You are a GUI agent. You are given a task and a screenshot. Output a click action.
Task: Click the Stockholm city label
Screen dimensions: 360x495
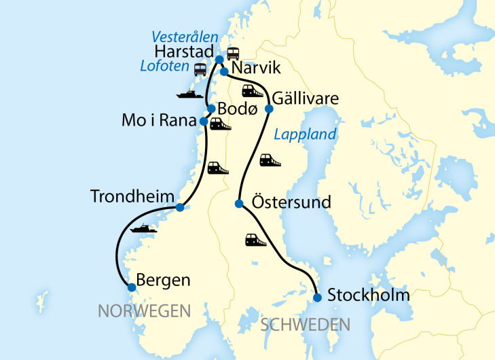tap(368, 295)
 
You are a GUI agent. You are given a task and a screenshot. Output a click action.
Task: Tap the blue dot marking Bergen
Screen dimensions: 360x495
tap(132, 287)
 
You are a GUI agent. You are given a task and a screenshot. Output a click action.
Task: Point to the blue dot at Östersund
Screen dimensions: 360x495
tap(239, 204)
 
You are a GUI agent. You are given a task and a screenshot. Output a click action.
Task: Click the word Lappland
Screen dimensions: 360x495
tap(304, 134)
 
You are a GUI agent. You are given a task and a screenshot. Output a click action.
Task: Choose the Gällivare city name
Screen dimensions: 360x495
tap(306, 99)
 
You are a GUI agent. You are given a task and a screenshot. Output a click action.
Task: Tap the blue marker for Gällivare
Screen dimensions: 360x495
tap(269, 109)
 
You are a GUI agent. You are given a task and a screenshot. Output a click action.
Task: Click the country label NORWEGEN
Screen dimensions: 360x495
tap(144, 311)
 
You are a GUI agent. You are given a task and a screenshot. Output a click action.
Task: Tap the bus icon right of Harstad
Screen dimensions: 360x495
tap(233, 54)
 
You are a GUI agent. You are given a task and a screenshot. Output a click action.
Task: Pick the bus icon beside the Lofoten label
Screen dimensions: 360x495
tap(200, 69)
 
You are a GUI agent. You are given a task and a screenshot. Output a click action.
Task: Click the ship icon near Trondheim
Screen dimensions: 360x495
tap(143, 229)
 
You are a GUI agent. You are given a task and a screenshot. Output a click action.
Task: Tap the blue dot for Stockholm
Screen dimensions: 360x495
tap(317, 297)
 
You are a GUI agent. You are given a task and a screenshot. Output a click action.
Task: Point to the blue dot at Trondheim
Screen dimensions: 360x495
tap(180, 207)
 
